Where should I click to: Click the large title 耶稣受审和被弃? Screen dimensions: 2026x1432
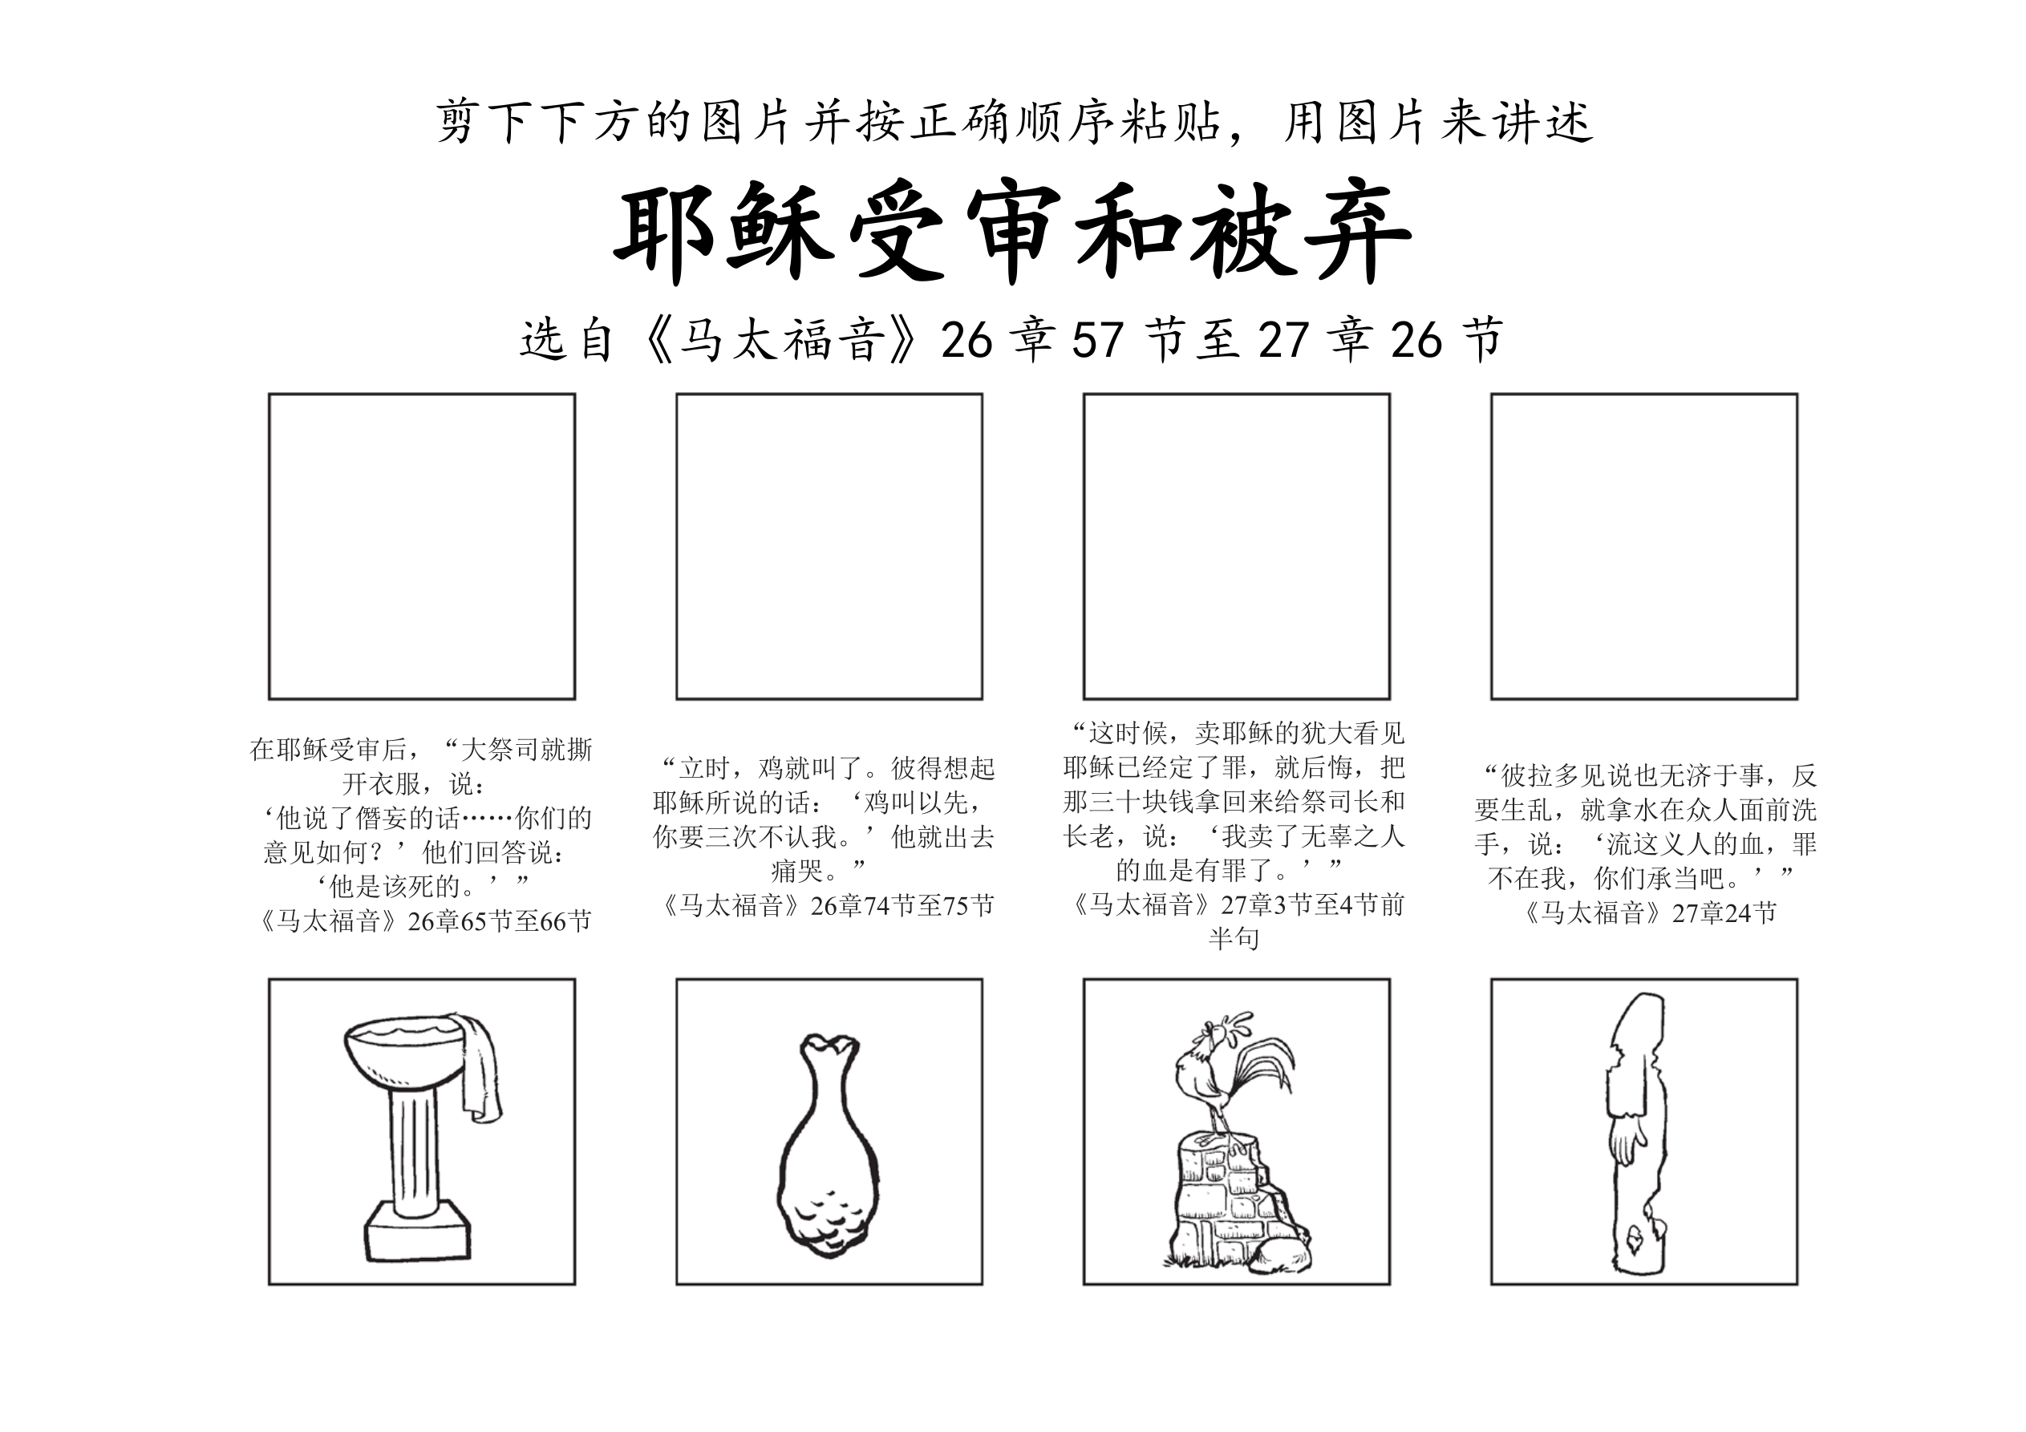pyautogui.click(x=1012, y=233)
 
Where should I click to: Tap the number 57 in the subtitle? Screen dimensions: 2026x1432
pyautogui.click(x=1098, y=340)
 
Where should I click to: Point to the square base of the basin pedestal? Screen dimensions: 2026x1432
pyautogui.click(x=418, y=1230)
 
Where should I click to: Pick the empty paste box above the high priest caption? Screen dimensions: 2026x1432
pyautogui.click(x=422, y=546)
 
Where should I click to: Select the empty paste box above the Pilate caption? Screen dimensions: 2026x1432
pyautogui.click(x=1644, y=546)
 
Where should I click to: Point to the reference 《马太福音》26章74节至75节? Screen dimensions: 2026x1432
pyautogui.click(x=829, y=905)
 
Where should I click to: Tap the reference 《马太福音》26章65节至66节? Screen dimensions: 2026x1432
pyautogui.click(x=422, y=921)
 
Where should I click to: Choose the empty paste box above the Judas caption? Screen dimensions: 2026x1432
pyautogui.click(x=1236, y=546)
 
